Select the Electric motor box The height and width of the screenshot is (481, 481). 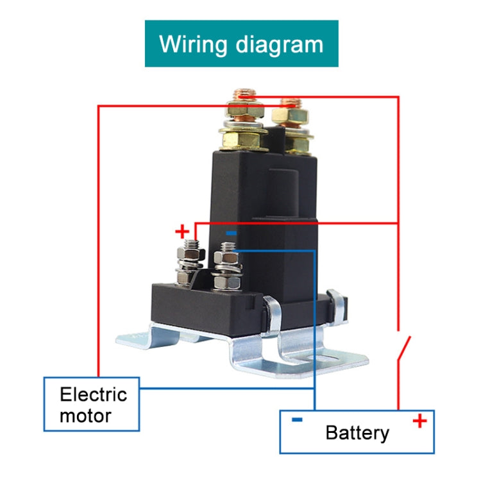pyautogui.click(x=91, y=404)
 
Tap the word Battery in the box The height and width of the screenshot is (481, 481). pyautogui.click(x=357, y=432)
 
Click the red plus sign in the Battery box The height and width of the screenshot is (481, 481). pyautogui.click(x=419, y=421)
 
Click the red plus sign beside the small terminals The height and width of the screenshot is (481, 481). pyautogui.click(x=183, y=231)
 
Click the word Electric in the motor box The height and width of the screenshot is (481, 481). pyautogui.click(x=94, y=394)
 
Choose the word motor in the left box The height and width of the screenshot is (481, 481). pyautogui.click(x=85, y=416)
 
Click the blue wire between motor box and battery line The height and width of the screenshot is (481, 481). pyautogui.click(x=224, y=388)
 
